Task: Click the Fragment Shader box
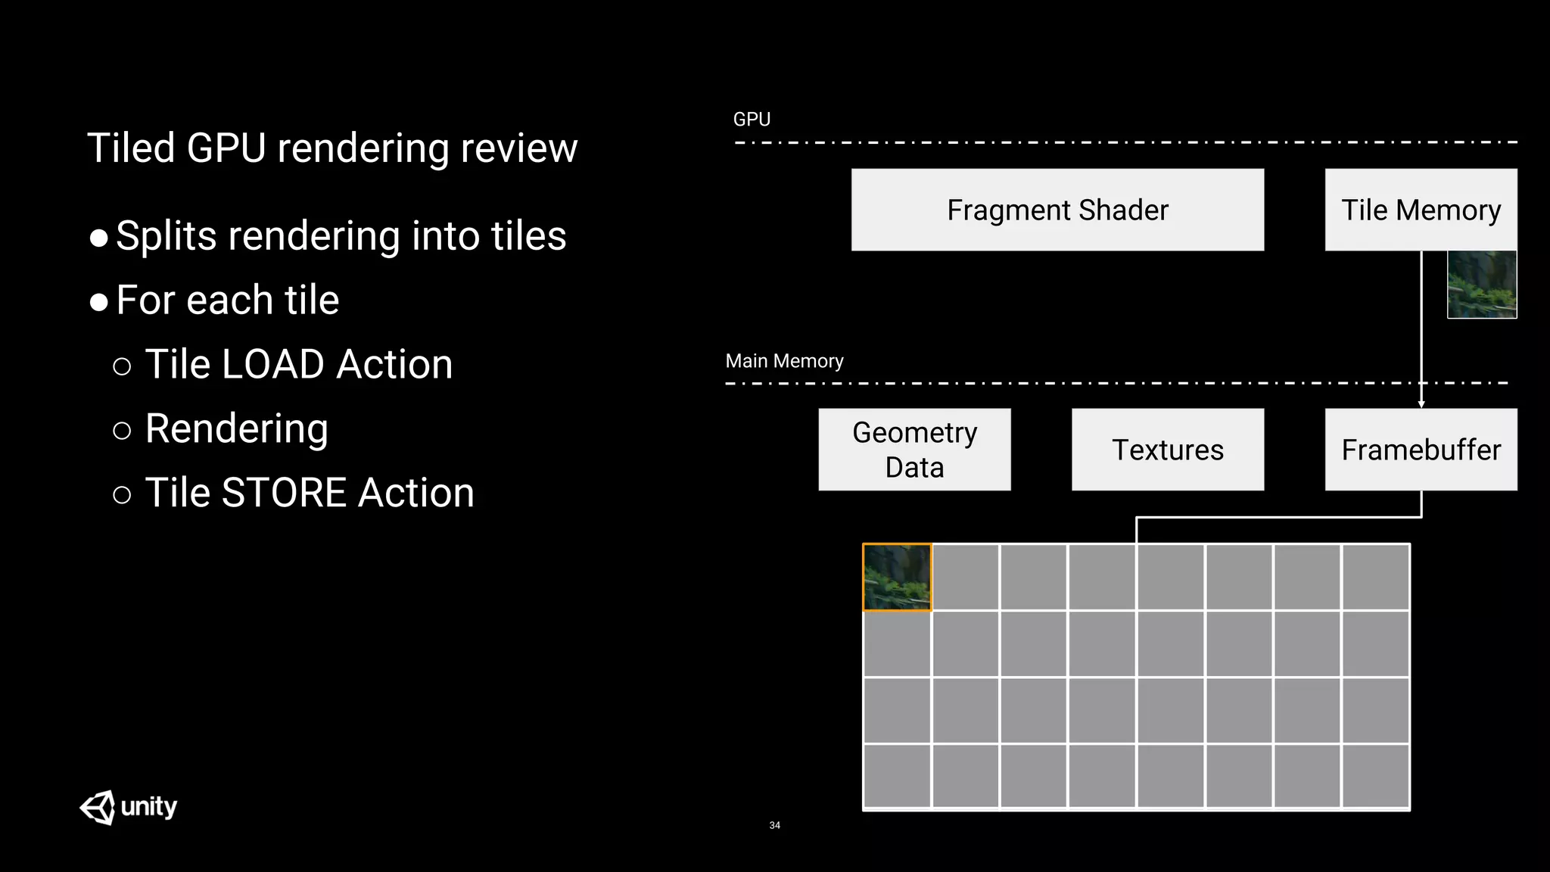(x=1057, y=210)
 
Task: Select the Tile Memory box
(x=1421, y=210)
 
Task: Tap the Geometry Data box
(x=914, y=450)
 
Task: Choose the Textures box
(x=1167, y=450)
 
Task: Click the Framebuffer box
(x=1421, y=450)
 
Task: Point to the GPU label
(x=752, y=120)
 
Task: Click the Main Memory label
(x=784, y=361)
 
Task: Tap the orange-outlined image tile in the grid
(x=897, y=577)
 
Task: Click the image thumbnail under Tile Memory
(x=1481, y=285)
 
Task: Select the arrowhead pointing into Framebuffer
(x=1421, y=404)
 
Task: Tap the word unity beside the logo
(x=149, y=807)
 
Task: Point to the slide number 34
(x=774, y=825)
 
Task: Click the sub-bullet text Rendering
(x=236, y=429)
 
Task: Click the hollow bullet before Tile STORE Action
(x=122, y=496)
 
